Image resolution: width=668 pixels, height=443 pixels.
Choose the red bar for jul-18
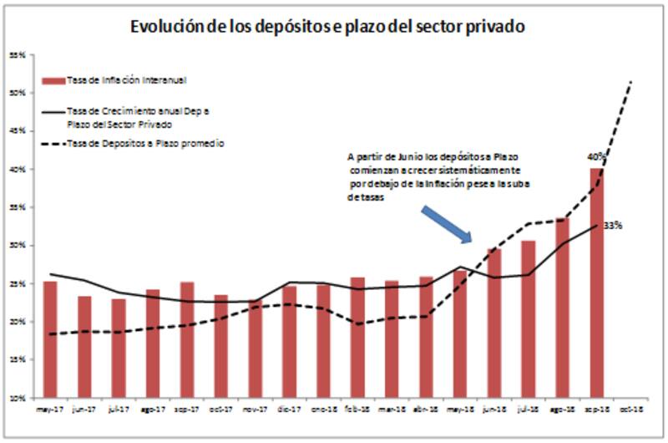click(x=528, y=318)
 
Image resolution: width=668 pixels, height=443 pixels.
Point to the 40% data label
click(x=596, y=156)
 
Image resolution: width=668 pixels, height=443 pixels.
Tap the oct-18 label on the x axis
click(x=630, y=409)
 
